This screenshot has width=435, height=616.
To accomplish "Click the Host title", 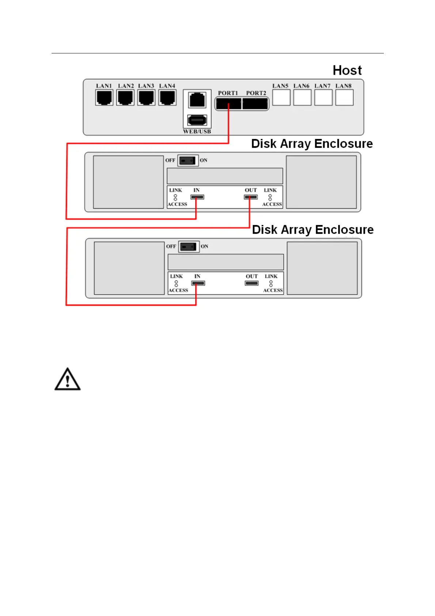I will [347, 70].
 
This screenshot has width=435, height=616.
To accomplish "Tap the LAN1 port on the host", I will [104, 98].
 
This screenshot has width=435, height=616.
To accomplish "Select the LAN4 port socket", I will [167, 98].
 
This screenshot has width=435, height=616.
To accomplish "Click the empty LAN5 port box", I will [281, 98].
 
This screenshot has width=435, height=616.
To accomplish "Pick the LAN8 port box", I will [344, 98].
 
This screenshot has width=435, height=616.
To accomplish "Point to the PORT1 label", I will [228, 93].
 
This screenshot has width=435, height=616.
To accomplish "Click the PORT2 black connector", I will [255, 104].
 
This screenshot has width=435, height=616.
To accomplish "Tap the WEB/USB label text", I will [197, 131].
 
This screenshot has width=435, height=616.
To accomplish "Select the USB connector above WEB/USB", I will [197, 120].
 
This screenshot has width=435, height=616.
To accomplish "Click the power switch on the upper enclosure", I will [188, 161].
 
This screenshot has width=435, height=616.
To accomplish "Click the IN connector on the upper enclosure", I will [197, 197].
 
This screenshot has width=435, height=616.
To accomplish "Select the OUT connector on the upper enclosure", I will [251, 197].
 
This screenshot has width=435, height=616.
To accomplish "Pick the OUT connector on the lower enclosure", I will [251, 283].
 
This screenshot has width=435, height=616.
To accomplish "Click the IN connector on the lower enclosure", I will [198, 283].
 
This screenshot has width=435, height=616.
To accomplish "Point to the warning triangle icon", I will [67, 380].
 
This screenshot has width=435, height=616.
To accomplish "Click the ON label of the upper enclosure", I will [204, 160].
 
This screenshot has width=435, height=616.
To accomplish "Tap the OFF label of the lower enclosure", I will [171, 247].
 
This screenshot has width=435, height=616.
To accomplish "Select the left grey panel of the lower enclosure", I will [129, 268].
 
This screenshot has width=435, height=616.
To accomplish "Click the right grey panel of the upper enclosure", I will [321, 182].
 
